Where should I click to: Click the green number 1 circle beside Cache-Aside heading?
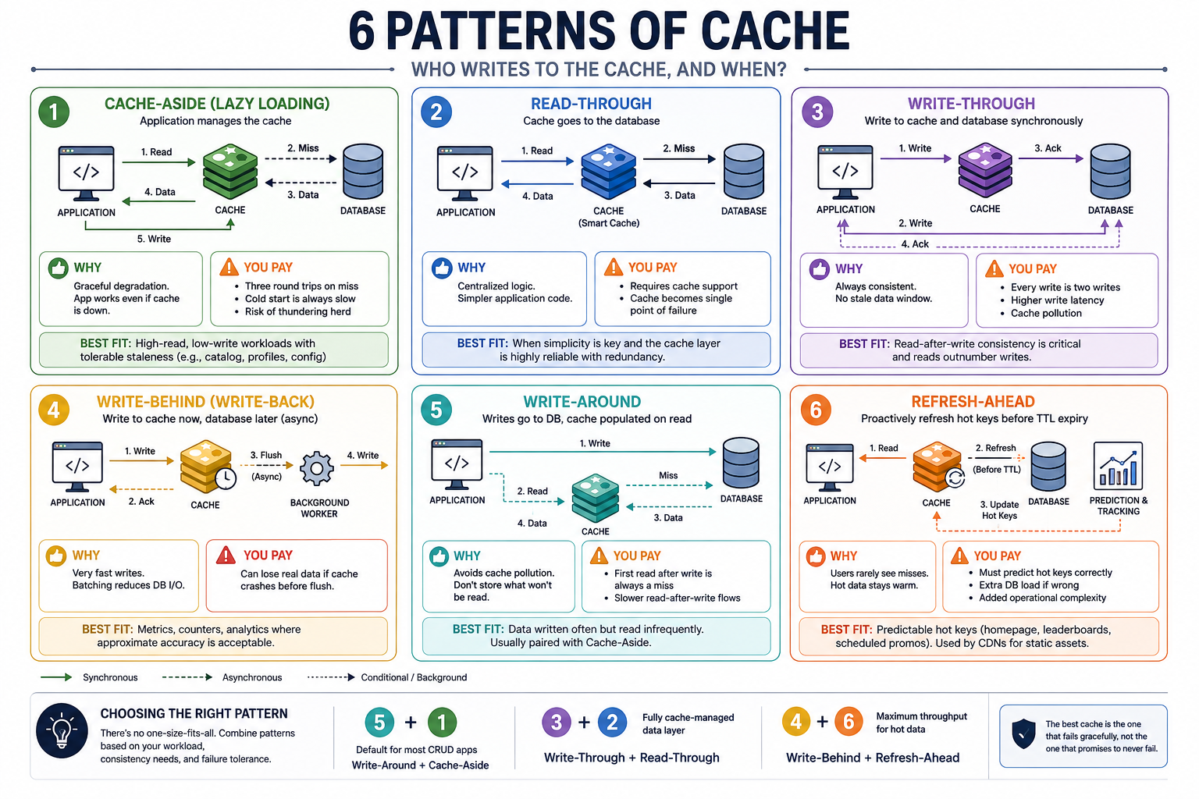(54, 112)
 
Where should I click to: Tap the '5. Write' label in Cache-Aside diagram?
(154, 240)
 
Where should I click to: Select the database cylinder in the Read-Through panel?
(744, 172)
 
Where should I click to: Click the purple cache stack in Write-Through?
(985, 169)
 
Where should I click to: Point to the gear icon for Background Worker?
(316, 468)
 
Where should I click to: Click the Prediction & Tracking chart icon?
(1118, 466)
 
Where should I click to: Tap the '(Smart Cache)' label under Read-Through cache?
(609, 223)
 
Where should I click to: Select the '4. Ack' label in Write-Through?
(915, 244)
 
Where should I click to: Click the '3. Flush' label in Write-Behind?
(266, 456)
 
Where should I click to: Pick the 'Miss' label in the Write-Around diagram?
(668, 475)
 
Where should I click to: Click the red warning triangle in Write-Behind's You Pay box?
(226, 555)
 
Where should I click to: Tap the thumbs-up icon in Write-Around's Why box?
(439, 556)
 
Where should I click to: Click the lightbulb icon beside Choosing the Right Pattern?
(62, 730)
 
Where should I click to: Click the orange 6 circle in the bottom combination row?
(849, 722)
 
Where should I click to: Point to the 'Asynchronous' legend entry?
(252, 677)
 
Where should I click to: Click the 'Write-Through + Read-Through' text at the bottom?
(632, 758)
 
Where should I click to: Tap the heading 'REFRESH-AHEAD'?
(973, 401)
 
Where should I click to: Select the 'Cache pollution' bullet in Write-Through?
(1046, 314)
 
